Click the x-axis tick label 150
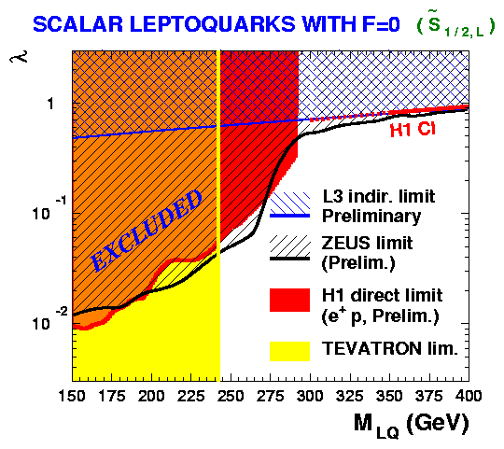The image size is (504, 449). [72, 396]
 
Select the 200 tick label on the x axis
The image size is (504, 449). [151, 396]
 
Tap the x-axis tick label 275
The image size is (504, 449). [270, 396]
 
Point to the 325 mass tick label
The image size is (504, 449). [349, 396]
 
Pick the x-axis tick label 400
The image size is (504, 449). [468, 396]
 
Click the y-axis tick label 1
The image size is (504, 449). [50, 104]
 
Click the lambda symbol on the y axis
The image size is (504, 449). [19, 56]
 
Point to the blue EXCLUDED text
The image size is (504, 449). [147, 231]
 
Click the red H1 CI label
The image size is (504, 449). [413, 129]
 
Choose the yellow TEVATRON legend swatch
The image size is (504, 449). [289, 351]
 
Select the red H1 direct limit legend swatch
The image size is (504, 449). [289, 300]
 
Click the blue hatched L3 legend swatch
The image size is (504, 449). [289, 204]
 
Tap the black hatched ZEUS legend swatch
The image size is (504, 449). [289, 247]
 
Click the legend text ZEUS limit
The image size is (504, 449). [367, 243]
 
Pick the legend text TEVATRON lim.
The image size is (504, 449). [390, 348]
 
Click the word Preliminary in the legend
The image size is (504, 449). [371, 217]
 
